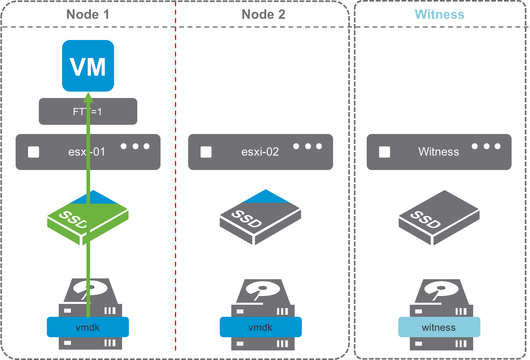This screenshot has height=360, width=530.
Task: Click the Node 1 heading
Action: [x=88, y=14]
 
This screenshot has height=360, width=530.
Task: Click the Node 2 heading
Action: [x=263, y=14]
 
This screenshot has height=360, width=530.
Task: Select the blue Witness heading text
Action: [x=440, y=14]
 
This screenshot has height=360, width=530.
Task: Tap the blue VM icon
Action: [x=88, y=66]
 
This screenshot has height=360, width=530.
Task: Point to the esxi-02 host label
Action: [x=260, y=152]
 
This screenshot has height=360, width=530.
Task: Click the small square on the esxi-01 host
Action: [x=34, y=152]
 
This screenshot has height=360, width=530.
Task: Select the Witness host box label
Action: [x=439, y=152]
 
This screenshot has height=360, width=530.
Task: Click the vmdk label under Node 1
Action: [x=88, y=327]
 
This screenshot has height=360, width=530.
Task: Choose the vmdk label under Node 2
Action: [x=261, y=327]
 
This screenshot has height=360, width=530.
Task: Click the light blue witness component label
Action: [x=439, y=327]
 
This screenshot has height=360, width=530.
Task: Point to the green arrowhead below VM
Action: [x=88, y=97]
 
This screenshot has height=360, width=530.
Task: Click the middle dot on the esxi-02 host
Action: [x=308, y=146]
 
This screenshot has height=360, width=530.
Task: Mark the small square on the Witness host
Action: [x=385, y=152]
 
